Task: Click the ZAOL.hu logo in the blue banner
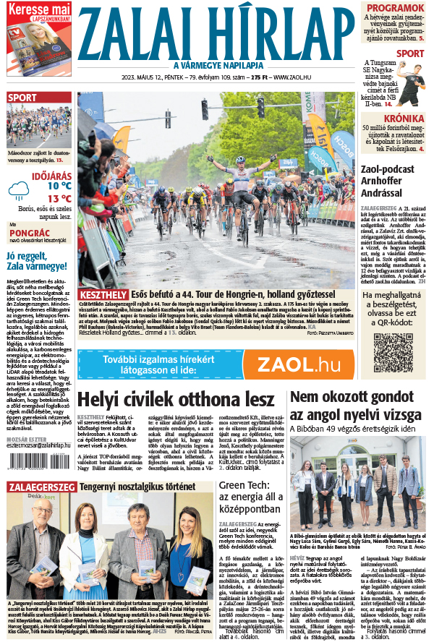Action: coord(299,364)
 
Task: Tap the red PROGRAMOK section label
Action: coord(394,8)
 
